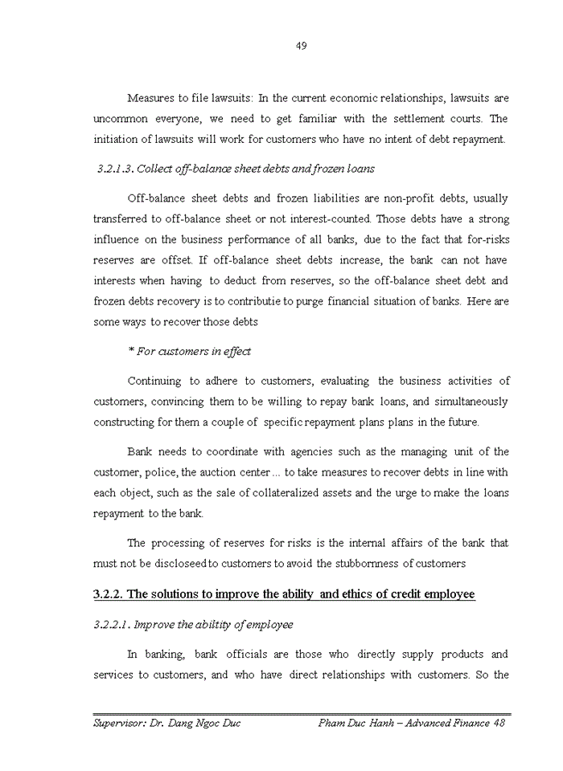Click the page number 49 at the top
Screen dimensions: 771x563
(x=301, y=46)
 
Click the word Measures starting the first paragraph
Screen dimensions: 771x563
(x=153, y=98)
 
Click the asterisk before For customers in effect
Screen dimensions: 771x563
(x=130, y=351)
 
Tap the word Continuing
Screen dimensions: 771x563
(x=154, y=381)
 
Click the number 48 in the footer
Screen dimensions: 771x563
(x=499, y=723)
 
